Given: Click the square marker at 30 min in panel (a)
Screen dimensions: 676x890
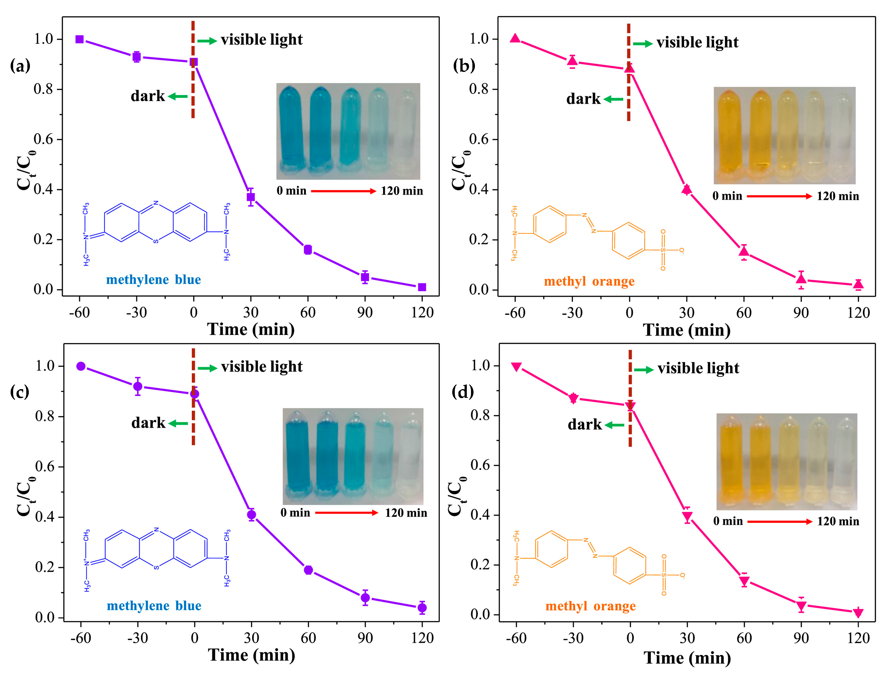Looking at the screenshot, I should tap(251, 197).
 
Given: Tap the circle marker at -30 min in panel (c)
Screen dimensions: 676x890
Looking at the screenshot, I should tap(138, 387).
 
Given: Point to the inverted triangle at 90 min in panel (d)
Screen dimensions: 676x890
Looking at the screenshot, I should tap(801, 606).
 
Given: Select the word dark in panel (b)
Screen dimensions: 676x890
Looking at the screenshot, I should tap(583, 99).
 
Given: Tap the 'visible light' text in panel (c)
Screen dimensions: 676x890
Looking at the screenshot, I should tap(262, 367).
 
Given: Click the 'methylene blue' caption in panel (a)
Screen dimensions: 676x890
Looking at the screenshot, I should tap(153, 280).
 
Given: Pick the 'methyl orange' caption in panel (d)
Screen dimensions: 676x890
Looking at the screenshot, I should tap(591, 606).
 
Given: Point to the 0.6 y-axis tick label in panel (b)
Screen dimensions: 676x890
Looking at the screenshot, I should tap(479, 139).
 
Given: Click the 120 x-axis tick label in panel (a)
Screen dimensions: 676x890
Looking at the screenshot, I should tap(422, 313).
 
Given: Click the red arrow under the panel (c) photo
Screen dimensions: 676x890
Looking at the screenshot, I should tap(346, 513).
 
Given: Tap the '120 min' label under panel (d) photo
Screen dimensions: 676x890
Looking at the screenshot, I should tap(838, 521).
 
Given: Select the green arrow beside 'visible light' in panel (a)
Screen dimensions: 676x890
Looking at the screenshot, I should tap(207, 41).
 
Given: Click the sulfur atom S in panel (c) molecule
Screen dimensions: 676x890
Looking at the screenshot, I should tap(156, 567).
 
